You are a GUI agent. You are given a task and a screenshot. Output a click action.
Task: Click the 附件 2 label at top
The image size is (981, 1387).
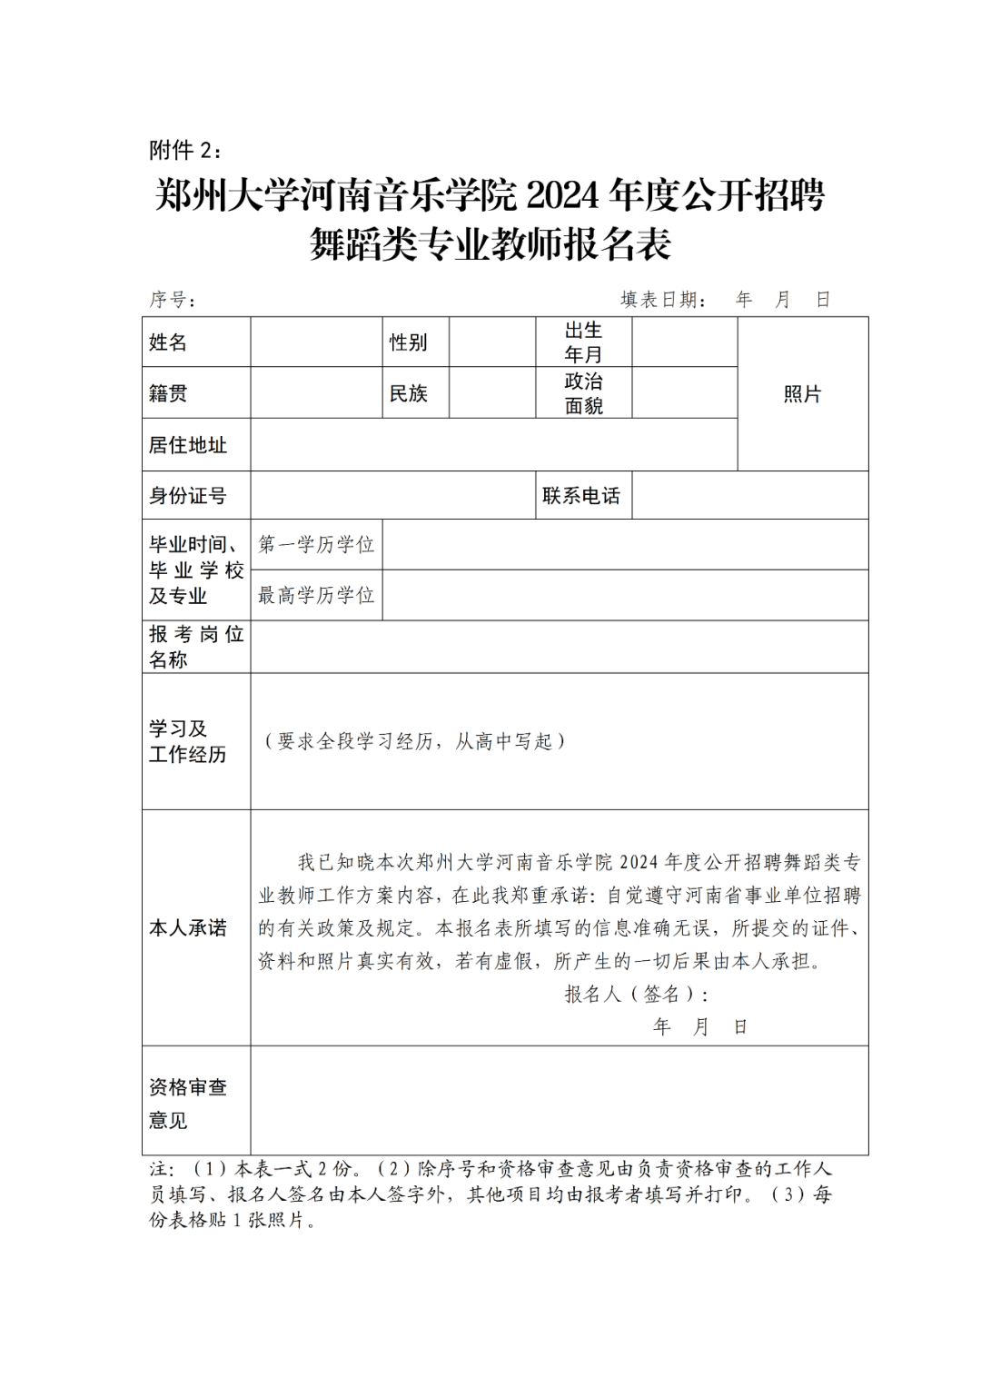pos(184,150)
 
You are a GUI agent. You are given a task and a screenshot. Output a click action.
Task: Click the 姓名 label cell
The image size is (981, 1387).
pos(168,342)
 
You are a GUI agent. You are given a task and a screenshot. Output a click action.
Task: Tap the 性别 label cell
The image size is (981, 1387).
pos(408,342)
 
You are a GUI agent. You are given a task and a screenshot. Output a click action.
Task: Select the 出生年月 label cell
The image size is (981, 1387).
pos(583,342)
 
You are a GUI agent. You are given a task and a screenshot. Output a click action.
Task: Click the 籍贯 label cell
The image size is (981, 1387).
pos(168,393)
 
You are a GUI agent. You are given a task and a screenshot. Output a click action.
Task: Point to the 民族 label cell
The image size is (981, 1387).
pos(408,393)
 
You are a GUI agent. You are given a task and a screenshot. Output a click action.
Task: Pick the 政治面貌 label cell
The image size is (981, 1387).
pos(583,393)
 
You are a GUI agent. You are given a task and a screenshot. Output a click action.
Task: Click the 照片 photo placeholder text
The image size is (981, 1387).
pos(802,394)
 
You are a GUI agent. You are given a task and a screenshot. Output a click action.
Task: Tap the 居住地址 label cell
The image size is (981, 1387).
pos(188,445)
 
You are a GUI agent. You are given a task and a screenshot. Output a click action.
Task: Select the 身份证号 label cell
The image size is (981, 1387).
pos(188,496)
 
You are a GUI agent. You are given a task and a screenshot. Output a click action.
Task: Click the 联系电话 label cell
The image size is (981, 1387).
pos(581,496)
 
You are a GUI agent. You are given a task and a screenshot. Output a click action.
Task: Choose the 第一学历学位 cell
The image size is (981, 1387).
pos(316,545)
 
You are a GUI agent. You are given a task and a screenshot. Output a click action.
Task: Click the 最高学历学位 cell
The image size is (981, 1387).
pos(316,596)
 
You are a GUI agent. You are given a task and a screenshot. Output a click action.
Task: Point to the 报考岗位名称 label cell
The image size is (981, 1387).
pos(196,647)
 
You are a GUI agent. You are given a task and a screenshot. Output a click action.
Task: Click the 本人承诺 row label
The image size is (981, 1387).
pos(188,928)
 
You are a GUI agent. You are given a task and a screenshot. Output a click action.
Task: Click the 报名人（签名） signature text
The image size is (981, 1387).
pos(636,995)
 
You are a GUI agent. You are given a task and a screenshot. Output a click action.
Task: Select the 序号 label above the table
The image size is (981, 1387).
pos(172,300)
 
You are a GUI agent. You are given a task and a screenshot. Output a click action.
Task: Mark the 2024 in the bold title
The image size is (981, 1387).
pos(563,194)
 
